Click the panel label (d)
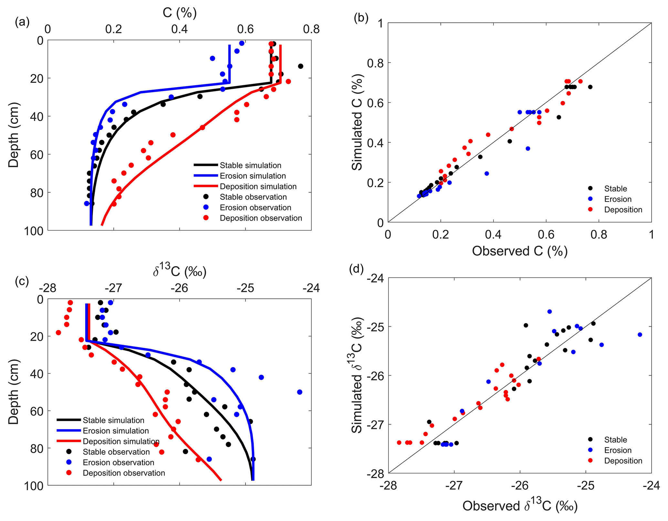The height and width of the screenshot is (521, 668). click(356, 269)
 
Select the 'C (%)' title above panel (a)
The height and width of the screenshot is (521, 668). click(179, 13)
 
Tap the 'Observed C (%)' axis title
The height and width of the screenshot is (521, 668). click(519, 251)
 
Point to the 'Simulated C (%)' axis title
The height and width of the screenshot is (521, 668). click(357, 122)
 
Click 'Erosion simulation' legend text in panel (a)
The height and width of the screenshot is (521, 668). click(253, 176)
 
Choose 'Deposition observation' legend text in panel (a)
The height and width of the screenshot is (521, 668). click(261, 218)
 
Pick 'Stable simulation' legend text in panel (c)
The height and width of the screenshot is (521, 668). click(113, 420)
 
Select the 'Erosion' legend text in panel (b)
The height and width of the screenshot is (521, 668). click(618, 199)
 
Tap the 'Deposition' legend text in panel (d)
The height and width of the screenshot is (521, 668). click(623, 461)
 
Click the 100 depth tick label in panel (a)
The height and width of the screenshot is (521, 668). click(34, 231)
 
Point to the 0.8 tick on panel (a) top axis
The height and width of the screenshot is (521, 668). click(311, 29)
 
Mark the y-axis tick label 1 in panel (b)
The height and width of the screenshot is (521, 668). click(381, 23)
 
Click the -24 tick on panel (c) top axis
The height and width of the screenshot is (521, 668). click(311, 288)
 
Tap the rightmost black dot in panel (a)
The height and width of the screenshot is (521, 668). click(300, 66)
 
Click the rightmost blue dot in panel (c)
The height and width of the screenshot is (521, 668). click(299, 392)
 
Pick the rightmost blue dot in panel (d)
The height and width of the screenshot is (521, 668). click(640, 334)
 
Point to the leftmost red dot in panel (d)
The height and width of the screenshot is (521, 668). click(399, 443)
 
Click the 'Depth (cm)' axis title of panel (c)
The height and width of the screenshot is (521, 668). click(14, 391)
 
